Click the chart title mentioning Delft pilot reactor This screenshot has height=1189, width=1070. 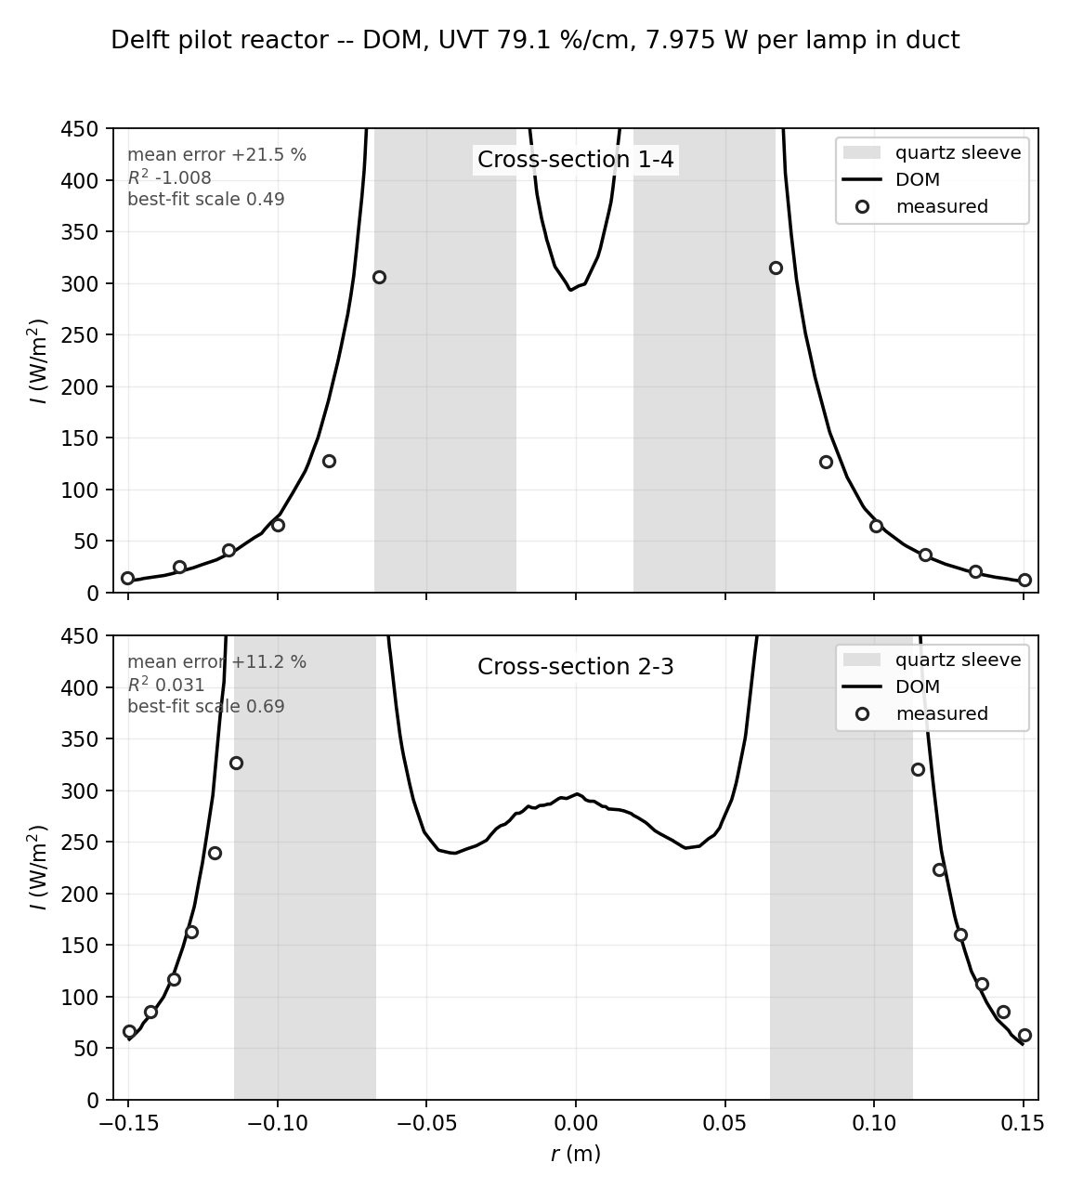point(535,40)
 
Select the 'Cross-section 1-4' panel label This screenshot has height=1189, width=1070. point(576,160)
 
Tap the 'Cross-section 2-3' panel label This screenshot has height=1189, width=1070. point(576,667)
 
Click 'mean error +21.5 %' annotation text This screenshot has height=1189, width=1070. point(217,155)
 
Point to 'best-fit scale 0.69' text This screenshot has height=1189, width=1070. point(206,707)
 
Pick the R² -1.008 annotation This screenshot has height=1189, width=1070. point(170,177)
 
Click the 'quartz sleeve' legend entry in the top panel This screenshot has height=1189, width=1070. point(958,153)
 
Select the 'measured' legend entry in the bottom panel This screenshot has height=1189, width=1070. point(942,713)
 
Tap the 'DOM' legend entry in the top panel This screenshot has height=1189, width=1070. point(918,179)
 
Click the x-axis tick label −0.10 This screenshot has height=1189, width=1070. point(278,1122)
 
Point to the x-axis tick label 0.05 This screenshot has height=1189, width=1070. point(725,1122)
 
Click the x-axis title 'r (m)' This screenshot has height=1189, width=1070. point(576,1154)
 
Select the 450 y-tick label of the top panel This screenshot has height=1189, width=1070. point(80,128)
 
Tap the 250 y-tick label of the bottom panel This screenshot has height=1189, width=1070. point(80,843)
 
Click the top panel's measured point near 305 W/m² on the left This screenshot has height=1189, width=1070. point(379,278)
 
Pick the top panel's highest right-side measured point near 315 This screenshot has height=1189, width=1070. point(776,268)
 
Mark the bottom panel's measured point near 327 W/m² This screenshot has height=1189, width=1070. point(236,763)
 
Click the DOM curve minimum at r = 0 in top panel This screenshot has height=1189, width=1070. point(570,290)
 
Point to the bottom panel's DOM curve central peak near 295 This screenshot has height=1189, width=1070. point(577,793)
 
